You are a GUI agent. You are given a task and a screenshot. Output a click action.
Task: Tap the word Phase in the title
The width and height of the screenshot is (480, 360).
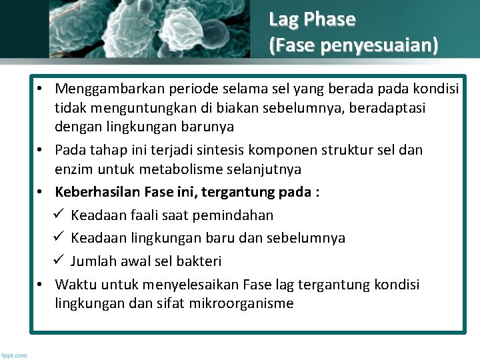(x=329, y=19)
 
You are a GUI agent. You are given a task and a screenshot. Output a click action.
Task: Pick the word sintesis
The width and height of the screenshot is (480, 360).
(x=208, y=150)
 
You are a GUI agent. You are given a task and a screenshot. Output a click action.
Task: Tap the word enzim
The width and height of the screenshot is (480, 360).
(x=73, y=169)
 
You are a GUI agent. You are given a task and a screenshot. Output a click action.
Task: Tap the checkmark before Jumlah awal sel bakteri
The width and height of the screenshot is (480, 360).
(x=57, y=261)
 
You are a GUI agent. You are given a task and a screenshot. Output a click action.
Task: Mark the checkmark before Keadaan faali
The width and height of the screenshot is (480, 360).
(x=57, y=215)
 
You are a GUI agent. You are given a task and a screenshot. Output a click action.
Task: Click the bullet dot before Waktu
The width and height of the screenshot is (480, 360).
(x=41, y=285)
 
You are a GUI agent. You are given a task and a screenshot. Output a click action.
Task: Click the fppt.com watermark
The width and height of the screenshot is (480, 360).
(x=14, y=355)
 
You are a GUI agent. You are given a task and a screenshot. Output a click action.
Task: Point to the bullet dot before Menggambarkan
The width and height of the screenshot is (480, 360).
(x=41, y=89)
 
